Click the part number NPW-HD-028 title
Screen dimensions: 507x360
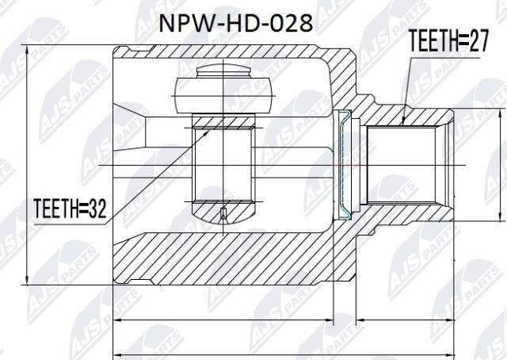(x=236, y=24)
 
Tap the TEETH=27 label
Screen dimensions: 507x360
(x=448, y=40)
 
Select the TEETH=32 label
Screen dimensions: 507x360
(x=70, y=209)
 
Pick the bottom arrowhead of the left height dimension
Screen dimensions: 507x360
(x=26, y=280)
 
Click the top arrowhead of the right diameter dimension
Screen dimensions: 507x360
(x=500, y=114)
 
